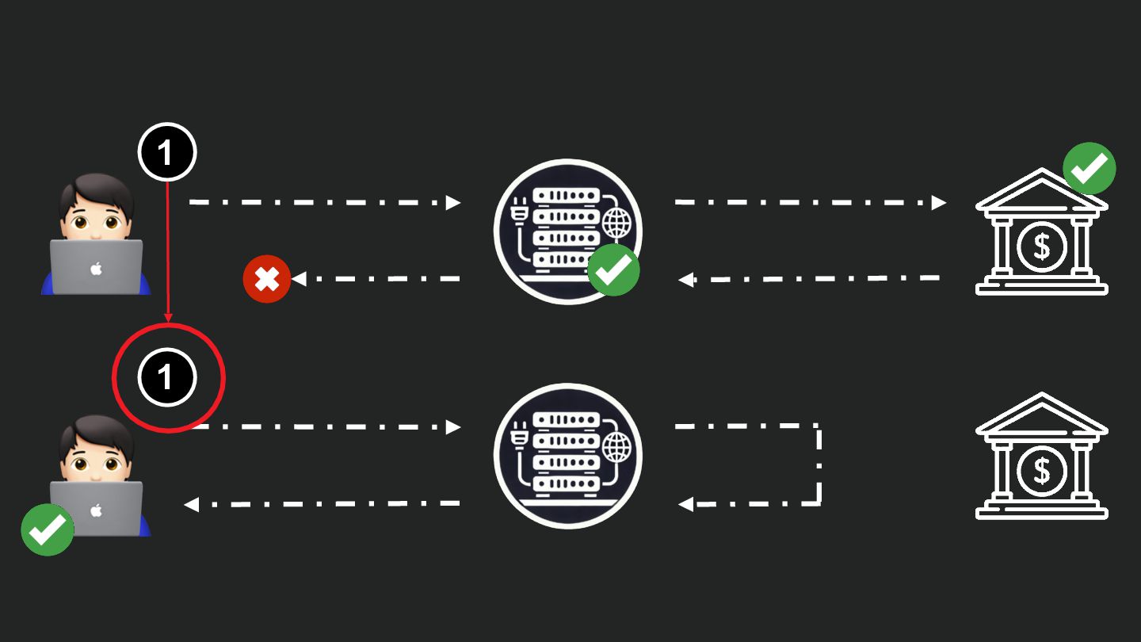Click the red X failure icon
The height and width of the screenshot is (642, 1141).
tap(267, 279)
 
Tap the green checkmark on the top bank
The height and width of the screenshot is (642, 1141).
tap(1089, 168)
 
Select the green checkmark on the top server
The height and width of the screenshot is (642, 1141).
tap(613, 269)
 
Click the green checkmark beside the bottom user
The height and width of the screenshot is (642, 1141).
tap(48, 529)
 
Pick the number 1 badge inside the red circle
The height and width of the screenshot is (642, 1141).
tap(166, 378)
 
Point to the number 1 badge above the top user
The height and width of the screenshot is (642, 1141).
tap(166, 152)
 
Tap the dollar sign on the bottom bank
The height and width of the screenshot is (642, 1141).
tap(1041, 472)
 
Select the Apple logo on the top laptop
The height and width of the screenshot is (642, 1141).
tap(96, 269)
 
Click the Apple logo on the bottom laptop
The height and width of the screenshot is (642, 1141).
tap(96, 510)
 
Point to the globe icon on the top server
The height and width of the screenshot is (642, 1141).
tap(617, 224)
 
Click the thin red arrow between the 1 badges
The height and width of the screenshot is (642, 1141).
tap(168, 254)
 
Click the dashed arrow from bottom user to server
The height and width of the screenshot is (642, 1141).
tap(325, 427)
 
